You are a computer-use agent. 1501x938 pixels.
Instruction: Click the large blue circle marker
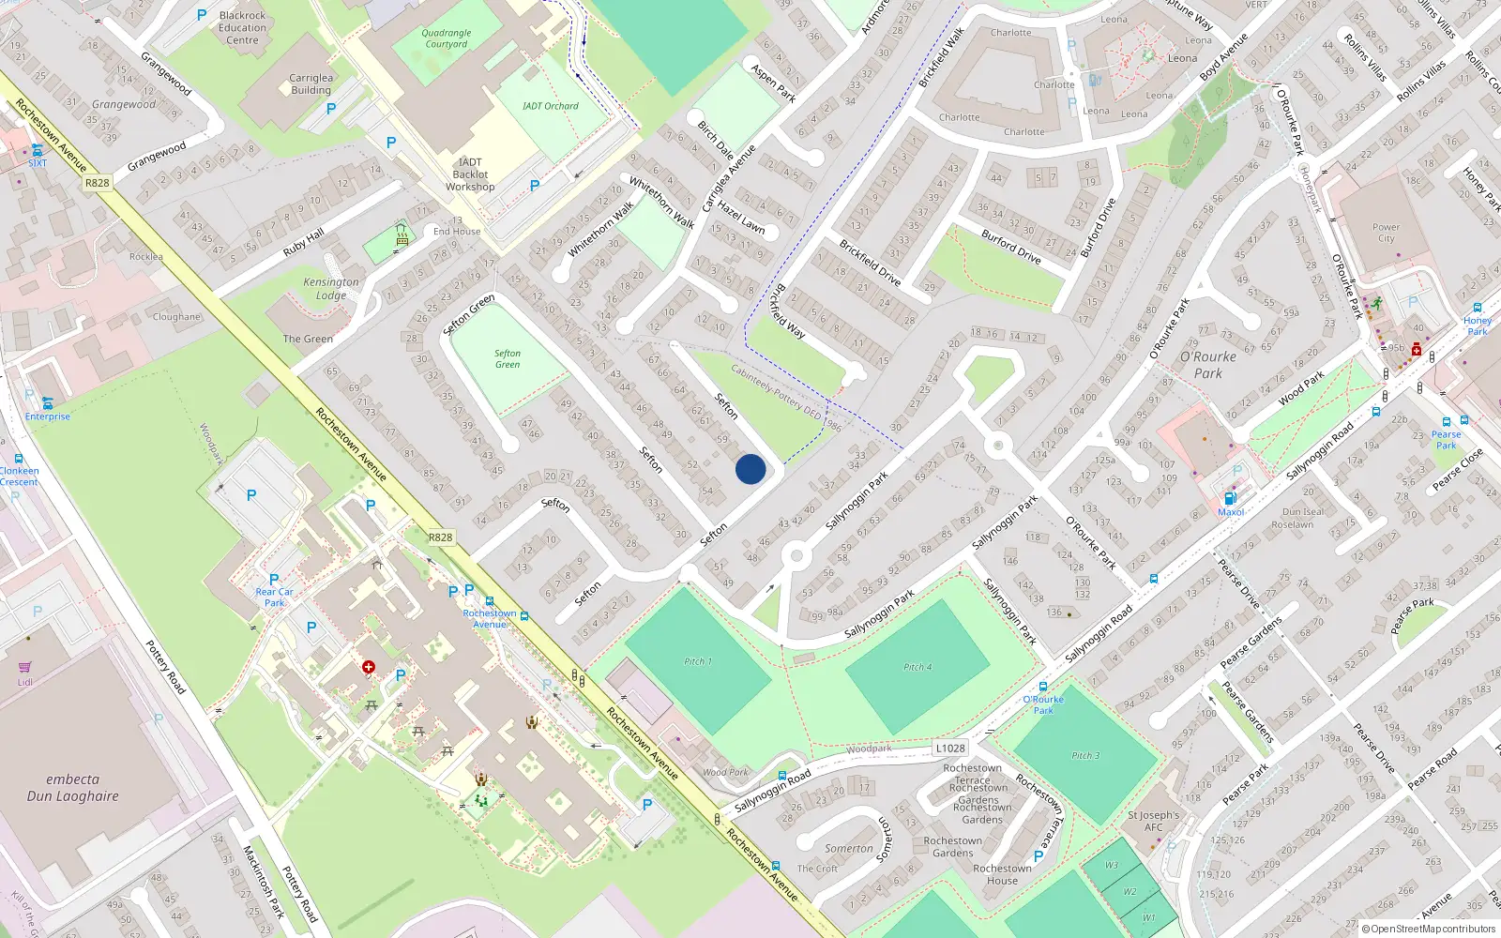750,469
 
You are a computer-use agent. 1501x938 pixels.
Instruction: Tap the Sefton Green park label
508,359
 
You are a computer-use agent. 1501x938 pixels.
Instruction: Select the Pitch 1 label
698,661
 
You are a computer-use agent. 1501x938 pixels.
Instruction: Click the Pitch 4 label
917,667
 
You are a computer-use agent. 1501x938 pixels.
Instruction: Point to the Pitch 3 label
1086,755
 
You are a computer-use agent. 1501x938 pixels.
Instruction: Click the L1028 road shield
950,748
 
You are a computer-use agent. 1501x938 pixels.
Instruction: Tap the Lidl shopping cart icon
24,667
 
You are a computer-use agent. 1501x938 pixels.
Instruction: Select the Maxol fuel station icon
1230,498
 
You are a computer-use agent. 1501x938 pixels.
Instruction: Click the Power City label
1386,233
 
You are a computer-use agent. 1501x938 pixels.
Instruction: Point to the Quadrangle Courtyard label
447,38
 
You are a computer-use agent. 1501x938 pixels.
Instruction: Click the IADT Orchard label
551,106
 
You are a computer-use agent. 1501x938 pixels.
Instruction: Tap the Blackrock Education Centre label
242,28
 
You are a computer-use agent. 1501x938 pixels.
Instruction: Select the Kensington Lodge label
331,288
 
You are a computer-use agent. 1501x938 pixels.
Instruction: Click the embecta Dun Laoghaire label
72,788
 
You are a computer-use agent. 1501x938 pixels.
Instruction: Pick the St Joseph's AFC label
1153,821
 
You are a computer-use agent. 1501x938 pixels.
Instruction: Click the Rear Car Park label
274,597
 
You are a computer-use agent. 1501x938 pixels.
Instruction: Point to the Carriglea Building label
311,84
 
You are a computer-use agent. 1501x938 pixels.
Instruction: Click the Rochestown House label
1002,874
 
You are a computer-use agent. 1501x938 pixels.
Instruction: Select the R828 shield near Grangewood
97,183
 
